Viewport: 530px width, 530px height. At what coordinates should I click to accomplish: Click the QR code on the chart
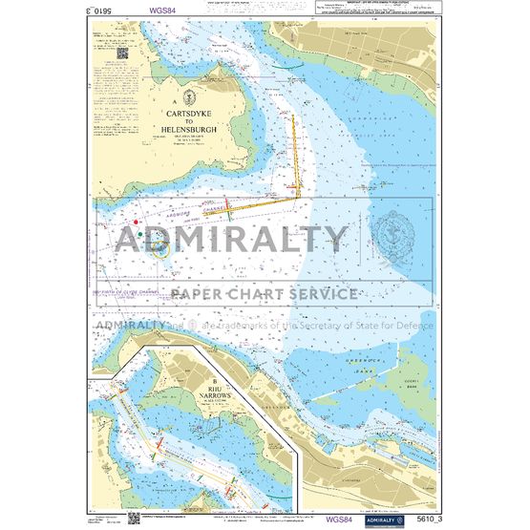123,53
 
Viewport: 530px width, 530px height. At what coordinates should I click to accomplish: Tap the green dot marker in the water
139,232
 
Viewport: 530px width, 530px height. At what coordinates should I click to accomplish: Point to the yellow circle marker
161,250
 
